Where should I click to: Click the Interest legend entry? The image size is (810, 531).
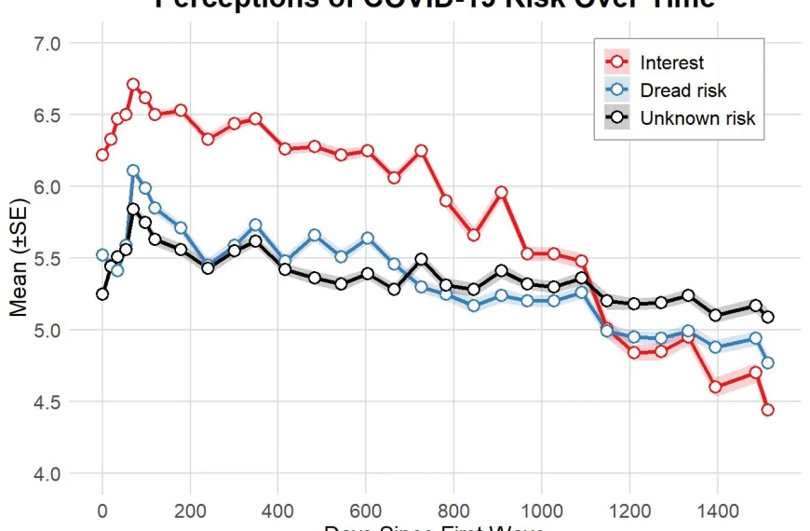point(671,63)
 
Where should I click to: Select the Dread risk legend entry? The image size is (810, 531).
point(682,90)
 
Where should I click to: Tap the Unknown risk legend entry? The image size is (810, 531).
point(696,118)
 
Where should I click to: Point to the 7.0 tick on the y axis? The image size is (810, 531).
point(48,44)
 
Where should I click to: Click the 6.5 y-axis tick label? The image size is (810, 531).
point(48,116)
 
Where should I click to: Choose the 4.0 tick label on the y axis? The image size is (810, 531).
point(48,474)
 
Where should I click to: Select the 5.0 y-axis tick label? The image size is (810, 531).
point(48,331)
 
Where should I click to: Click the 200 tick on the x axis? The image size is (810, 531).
point(190,510)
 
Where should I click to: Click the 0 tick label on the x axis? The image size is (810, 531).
point(102,510)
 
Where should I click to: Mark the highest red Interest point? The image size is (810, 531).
point(133,85)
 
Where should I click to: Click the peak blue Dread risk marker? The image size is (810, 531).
point(133,171)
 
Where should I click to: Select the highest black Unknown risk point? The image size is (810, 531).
point(133,210)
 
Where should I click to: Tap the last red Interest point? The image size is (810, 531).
point(768,410)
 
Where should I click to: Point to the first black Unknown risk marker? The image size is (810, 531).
point(102,294)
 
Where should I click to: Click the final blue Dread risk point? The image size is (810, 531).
point(768,363)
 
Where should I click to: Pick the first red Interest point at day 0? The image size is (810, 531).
point(102,155)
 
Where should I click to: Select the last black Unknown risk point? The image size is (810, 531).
point(768,318)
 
